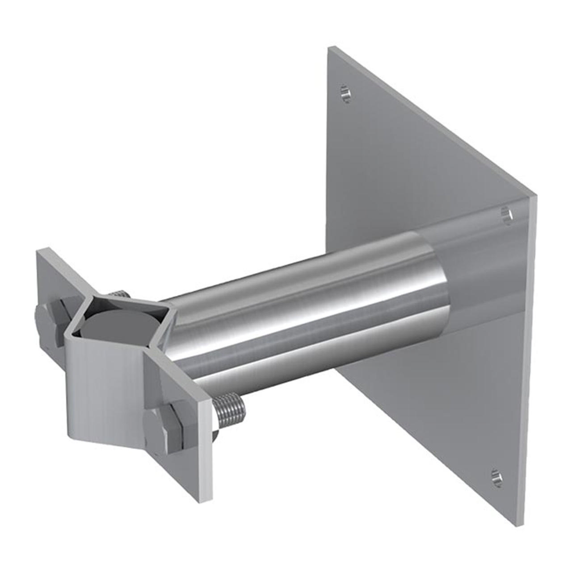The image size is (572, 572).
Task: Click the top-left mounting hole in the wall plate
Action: pos(345,93)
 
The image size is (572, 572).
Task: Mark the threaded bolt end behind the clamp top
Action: pos(118,294)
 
